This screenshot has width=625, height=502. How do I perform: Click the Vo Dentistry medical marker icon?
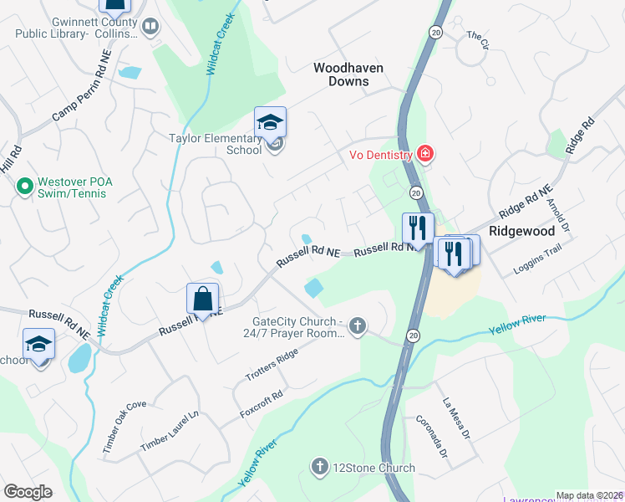tap(425, 154)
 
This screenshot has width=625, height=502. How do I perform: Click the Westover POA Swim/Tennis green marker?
tap(24, 185)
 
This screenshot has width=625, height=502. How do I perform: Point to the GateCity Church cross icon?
tap(358, 325)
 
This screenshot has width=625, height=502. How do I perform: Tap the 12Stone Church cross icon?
tap(318, 467)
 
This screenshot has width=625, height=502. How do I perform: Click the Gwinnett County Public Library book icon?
tap(150, 28)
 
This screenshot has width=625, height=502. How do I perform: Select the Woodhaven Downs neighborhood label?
tap(341, 74)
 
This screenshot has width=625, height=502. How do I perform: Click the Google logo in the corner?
tap(28, 492)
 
